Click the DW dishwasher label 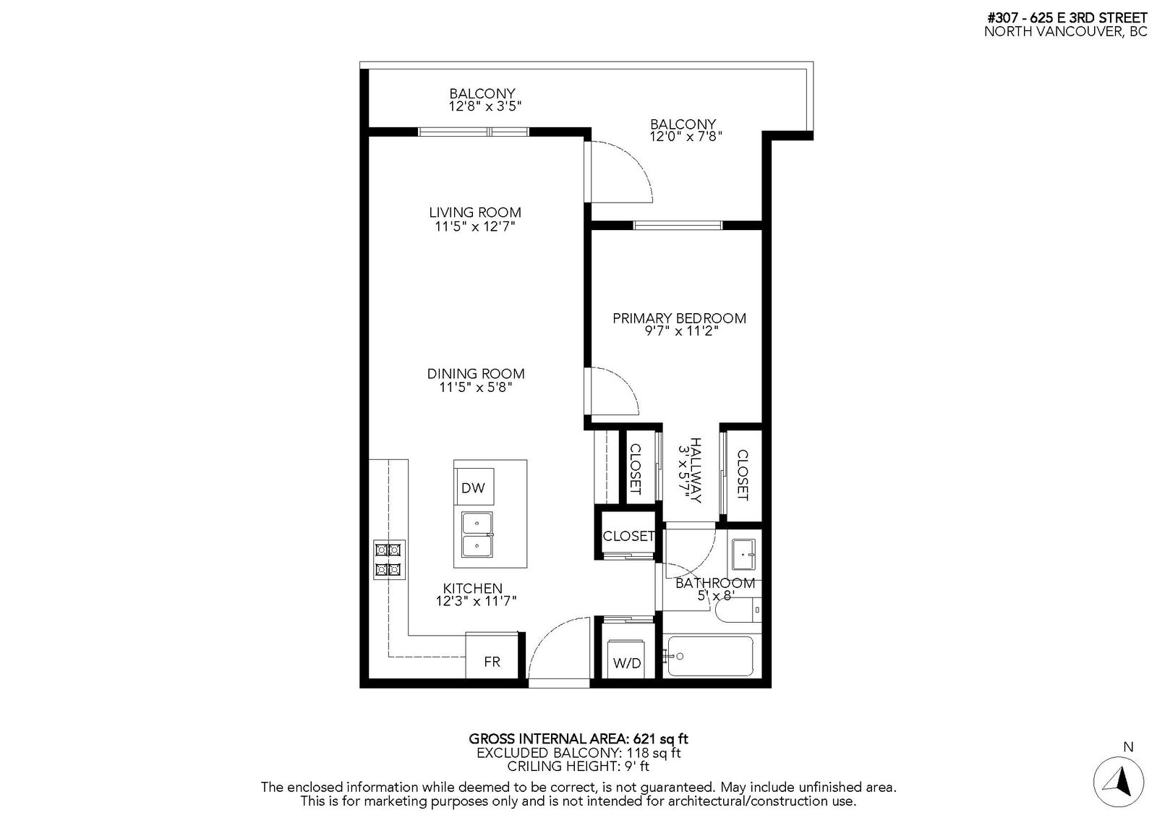click(473, 487)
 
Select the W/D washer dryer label click(627, 663)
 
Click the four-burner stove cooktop click(389, 560)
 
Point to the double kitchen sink click(477, 534)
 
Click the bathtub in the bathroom click(710, 656)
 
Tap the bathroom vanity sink click(743, 555)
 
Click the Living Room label click(475, 213)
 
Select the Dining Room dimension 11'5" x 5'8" click(476, 387)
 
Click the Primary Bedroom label click(680, 318)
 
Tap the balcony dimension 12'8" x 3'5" click(485, 106)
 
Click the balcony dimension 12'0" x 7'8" click(686, 137)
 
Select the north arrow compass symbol click(1119, 782)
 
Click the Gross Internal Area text click(578, 739)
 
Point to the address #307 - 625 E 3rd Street click(1067, 17)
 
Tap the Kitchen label click(473, 588)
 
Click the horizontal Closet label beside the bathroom click(628, 536)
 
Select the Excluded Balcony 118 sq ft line click(578, 753)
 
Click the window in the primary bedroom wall click(678, 226)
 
